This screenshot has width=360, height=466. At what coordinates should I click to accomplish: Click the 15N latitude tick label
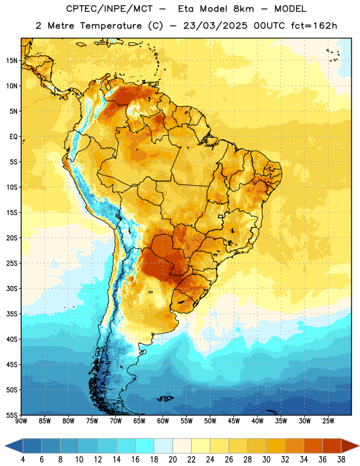12,61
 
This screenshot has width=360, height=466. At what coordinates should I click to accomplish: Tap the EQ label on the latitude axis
13,137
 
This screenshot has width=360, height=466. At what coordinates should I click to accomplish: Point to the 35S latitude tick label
12,314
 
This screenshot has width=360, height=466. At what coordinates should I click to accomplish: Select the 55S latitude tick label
12,415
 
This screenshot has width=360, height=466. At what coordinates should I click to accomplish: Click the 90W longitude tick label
21,421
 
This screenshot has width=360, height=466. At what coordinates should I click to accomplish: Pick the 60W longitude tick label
163,421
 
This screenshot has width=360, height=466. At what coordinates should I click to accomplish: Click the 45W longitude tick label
234,421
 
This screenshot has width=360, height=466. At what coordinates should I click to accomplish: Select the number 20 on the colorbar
172,460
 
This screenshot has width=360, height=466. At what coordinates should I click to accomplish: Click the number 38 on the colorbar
341,460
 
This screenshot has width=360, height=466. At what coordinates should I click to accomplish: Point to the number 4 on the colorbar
23,460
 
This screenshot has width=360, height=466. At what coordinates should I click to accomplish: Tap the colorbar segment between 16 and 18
144,446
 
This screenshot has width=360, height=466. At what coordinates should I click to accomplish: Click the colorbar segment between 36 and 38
332,446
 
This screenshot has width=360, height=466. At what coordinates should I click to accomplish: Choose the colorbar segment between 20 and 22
182,446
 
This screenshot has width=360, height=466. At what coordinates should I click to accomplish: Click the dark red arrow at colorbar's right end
350,446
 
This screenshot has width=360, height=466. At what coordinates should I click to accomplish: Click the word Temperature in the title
111,26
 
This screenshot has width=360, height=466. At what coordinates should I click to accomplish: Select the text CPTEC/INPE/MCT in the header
109,9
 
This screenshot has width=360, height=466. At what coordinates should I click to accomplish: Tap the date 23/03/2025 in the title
215,26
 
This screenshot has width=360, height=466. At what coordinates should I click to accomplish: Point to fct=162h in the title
314,26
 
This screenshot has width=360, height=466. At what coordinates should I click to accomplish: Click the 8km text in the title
243,9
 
